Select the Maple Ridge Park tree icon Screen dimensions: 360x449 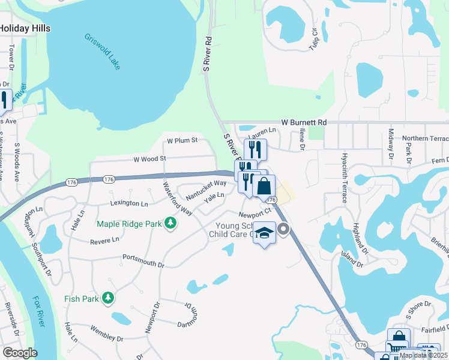171,224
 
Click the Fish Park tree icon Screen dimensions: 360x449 108,298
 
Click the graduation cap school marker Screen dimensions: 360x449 264,233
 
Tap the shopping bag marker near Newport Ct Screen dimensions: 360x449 264,186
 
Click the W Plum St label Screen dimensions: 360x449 182,140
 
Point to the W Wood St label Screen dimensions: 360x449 149,159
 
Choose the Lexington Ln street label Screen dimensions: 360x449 128,204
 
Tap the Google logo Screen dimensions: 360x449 20,353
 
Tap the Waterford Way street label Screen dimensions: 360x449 176,197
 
